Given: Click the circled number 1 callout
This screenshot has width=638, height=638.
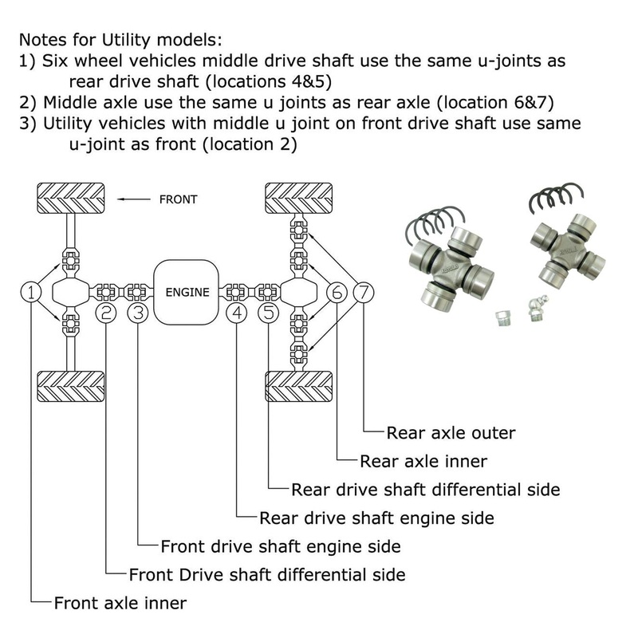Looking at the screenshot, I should (x=31, y=292).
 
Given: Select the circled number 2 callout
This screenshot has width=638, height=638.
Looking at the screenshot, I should (x=106, y=313).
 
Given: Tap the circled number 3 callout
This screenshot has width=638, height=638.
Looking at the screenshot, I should (x=139, y=313).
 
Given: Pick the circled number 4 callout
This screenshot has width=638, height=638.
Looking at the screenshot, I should (x=238, y=313).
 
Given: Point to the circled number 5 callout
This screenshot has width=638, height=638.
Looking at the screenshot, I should (x=270, y=313).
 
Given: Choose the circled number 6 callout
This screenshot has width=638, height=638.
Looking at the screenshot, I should (x=337, y=292).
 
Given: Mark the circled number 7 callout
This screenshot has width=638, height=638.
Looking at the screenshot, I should (x=364, y=292).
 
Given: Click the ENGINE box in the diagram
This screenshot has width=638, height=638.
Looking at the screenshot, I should (x=187, y=292).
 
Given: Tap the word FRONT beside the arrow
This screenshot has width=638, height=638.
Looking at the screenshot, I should (x=178, y=199).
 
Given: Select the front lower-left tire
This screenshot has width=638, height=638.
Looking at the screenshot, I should (x=71, y=388).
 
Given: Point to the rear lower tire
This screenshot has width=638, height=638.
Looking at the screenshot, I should (x=298, y=388).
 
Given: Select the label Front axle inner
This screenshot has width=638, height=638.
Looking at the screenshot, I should (x=120, y=603).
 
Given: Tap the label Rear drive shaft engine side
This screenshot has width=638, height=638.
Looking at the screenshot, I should (x=376, y=518).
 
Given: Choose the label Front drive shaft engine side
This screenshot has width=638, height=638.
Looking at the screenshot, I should (x=280, y=546).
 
